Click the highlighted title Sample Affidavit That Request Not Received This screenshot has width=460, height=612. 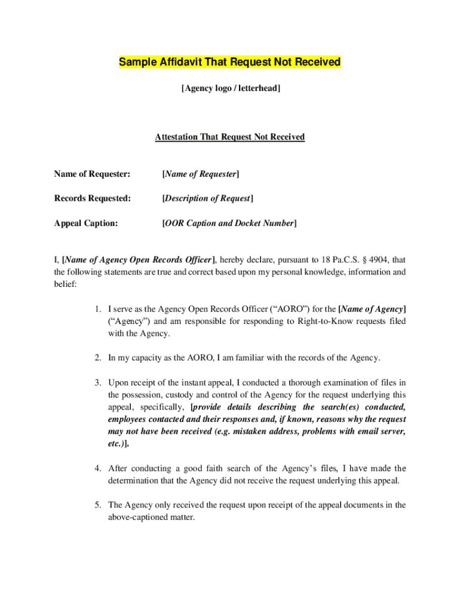[x=230, y=62]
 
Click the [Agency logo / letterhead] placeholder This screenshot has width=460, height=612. [x=231, y=88]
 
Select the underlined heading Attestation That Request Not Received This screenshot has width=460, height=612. [x=230, y=137]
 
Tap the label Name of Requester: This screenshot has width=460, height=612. [x=92, y=174]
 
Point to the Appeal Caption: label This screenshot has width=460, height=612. [x=86, y=223]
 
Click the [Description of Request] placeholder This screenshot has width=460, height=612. [x=207, y=198]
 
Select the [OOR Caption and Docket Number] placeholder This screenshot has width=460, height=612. [x=229, y=223]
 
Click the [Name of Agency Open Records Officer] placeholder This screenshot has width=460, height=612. [x=139, y=259]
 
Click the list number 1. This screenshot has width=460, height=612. [x=98, y=309]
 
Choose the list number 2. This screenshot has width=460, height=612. [x=98, y=357]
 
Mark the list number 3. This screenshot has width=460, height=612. [x=98, y=382]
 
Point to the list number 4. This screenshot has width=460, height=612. [x=98, y=468]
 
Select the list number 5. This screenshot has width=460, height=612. [x=98, y=505]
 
